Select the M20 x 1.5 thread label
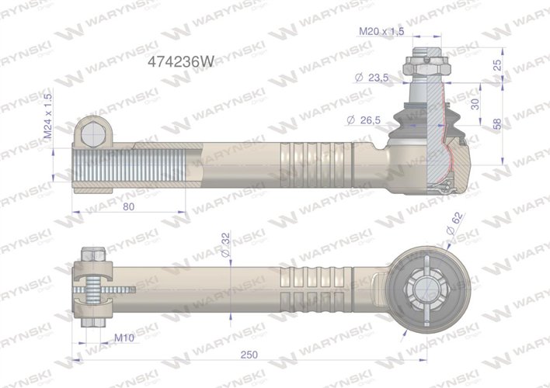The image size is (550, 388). [381, 32]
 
